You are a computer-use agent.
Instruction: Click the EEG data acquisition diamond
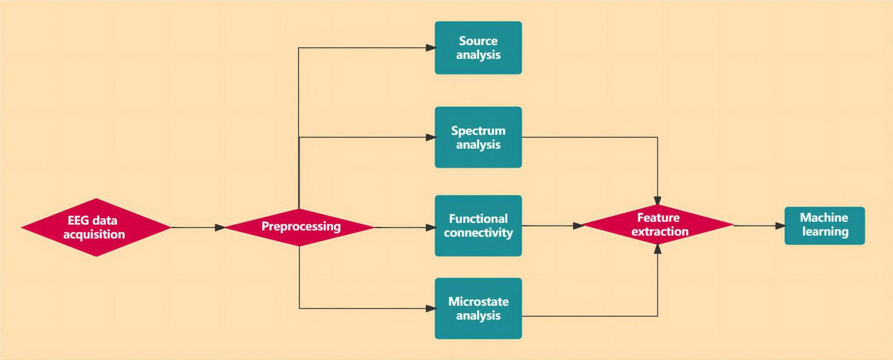[96, 227]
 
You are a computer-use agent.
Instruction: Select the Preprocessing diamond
[299, 227]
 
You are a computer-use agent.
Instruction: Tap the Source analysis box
[478, 48]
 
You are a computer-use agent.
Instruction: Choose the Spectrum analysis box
[478, 138]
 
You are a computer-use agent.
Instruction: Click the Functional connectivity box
[478, 226]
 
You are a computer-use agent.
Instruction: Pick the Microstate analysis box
[478, 309]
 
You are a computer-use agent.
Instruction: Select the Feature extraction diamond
[658, 225]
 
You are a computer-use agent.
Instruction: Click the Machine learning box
[824, 225]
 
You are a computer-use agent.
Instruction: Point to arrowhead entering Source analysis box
[431, 48]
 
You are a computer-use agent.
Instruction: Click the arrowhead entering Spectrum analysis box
[431, 138]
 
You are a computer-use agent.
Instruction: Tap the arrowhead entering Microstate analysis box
[431, 309]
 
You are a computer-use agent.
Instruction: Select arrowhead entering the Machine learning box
[780, 226]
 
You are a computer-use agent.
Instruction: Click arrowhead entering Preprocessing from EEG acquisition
[220, 228]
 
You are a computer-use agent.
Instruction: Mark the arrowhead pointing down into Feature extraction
[658, 200]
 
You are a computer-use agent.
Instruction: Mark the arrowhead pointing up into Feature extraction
[658, 249]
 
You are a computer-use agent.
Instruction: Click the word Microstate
[478, 302]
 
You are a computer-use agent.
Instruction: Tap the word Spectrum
[478, 131]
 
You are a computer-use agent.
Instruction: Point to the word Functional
[478, 219]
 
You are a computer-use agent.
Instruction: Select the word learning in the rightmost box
[824, 232]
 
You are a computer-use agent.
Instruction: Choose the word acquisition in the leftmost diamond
[94, 235]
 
